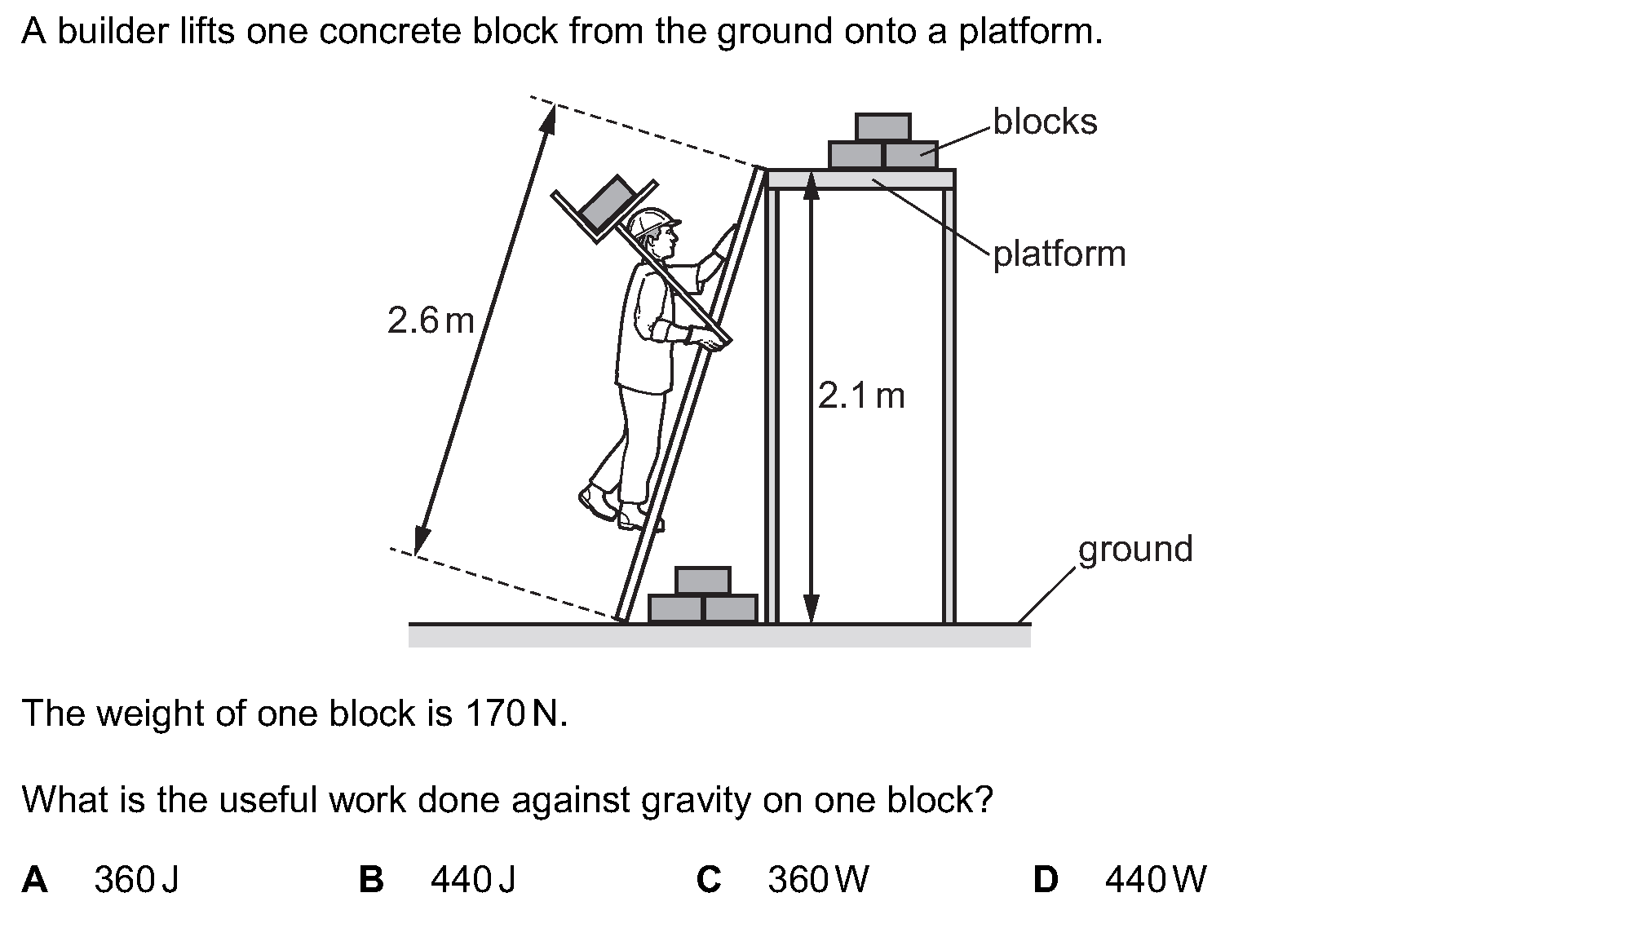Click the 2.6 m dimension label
coord(431,320)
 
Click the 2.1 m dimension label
coord(861,396)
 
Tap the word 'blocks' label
coord(1045,122)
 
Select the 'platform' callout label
coord(1059,254)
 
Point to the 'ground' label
coord(1134,550)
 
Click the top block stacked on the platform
coord(882,127)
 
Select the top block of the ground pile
coord(702,580)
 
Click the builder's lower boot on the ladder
coord(637,516)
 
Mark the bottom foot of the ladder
coord(621,618)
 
